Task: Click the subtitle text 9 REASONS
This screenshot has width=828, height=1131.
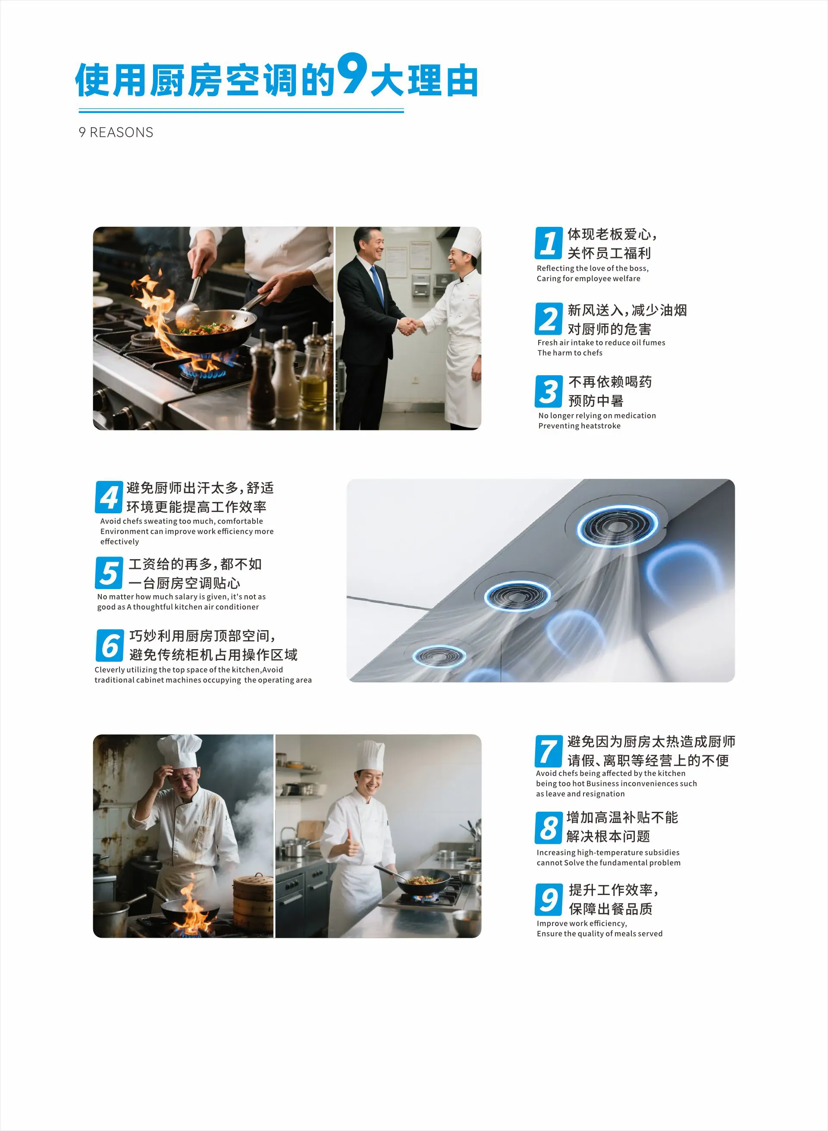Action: (116, 132)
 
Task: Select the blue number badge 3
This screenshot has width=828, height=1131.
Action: (549, 392)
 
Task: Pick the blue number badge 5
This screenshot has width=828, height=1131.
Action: (109, 573)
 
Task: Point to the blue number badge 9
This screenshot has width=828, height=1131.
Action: (549, 899)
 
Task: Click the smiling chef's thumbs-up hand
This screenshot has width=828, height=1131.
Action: (350, 845)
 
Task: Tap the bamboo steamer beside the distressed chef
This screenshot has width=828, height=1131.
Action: (253, 902)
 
